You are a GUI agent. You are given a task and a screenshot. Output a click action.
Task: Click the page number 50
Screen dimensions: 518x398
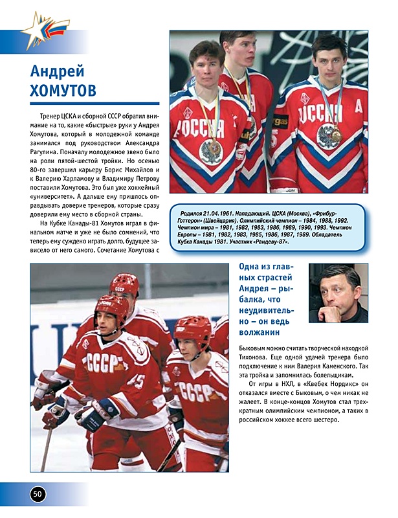pyautogui.click(x=38, y=493)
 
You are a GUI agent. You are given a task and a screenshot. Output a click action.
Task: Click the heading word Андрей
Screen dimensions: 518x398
pyautogui.click(x=58, y=70)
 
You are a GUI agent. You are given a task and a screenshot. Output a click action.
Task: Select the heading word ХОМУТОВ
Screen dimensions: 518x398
pyautogui.click(x=63, y=90)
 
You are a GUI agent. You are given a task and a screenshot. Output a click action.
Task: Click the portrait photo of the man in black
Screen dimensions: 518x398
pyautogui.click(x=338, y=293)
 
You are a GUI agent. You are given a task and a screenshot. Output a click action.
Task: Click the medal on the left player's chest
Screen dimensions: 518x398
pyautogui.click(x=210, y=150)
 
